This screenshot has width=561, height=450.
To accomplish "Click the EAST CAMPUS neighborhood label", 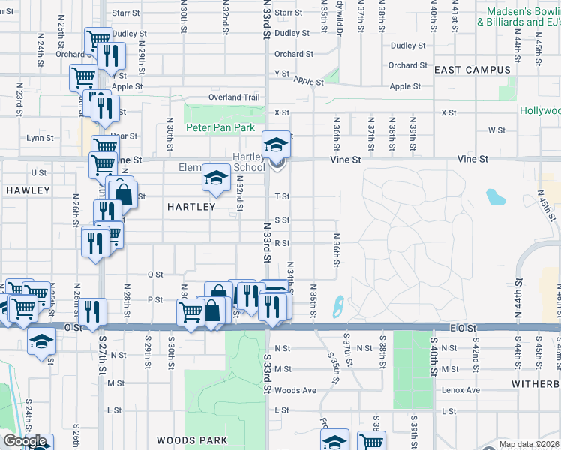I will tap(472, 70).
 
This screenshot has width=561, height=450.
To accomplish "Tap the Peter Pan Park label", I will tap(220, 128).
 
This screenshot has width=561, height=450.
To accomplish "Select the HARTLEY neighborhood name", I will tap(191, 206).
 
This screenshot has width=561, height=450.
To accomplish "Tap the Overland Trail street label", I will tap(234, 97).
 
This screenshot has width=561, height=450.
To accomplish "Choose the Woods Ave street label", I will tap(295, 390).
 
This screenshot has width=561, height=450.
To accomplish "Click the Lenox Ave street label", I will tap(461, 390).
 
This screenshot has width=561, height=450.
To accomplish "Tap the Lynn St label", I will tap(39, 138).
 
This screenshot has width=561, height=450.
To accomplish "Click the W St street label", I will tap(496, 130).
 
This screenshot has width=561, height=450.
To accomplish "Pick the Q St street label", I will tap(155, 274).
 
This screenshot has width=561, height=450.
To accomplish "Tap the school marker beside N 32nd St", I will tap(215, 178).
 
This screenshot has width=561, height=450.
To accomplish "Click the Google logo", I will tap(24, 441).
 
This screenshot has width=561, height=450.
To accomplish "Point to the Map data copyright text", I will tap(529, 444).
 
